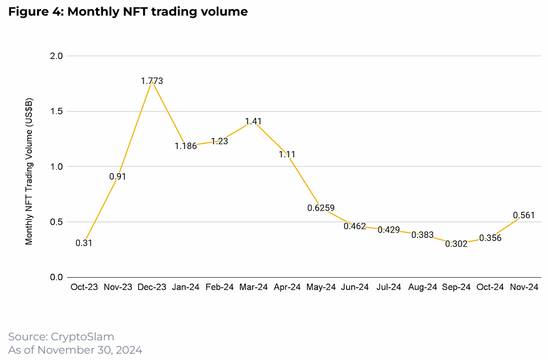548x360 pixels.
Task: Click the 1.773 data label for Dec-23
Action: point(152,81)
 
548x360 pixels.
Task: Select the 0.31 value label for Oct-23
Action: point(84,243)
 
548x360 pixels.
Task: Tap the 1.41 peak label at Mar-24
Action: point(254,122)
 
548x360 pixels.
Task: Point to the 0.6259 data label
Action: point(321,208)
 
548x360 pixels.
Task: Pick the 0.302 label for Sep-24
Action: point(456,244)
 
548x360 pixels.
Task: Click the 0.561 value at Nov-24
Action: point(524,215)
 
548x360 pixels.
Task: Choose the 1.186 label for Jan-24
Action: point(185,146)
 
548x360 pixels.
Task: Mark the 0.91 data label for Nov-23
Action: point(118,177)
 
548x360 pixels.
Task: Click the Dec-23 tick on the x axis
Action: point(152,287)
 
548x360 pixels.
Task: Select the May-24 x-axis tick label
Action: point(321,287)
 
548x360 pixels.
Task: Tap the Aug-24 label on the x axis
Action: point(423,287)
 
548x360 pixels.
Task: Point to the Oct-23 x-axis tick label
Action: point(84,287)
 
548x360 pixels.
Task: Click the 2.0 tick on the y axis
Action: point(57,56)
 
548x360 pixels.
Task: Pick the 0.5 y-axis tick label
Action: point(57,222)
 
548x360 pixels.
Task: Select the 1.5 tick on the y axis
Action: point(57,112)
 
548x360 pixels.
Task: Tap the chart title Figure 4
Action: point(127,12)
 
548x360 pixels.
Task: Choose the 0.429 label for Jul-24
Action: point(389,230)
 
